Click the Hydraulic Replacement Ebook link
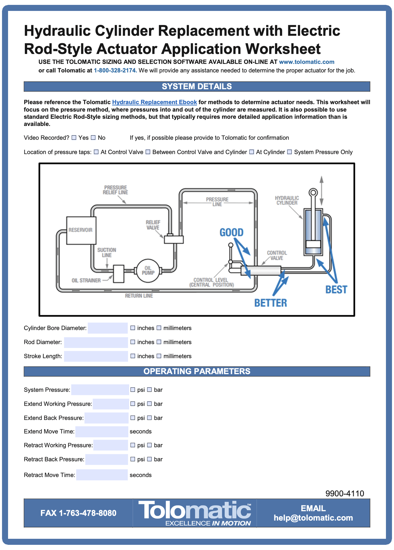coord(154,102)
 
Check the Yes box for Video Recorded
coord(74,138)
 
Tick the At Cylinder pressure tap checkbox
coord(251,152)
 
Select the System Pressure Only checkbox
coord(290,152)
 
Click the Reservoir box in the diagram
coord(81,230)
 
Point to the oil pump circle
coord(148,271)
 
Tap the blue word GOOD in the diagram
coord(231,232)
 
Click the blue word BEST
coord(336,290)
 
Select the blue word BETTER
coord(270,303)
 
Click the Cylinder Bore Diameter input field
coord(108,328)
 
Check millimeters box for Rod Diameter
coord(159,342)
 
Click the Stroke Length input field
coord(96,356)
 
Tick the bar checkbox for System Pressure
coord(150,390)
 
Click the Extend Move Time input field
coord(102,432)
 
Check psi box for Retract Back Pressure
coord(133,459)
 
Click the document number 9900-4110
coord(345,494)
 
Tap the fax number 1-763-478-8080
coord(78,513)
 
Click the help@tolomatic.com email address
coord(313,518)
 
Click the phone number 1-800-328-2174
coord(115,70)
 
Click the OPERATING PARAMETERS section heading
coord(197,371)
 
